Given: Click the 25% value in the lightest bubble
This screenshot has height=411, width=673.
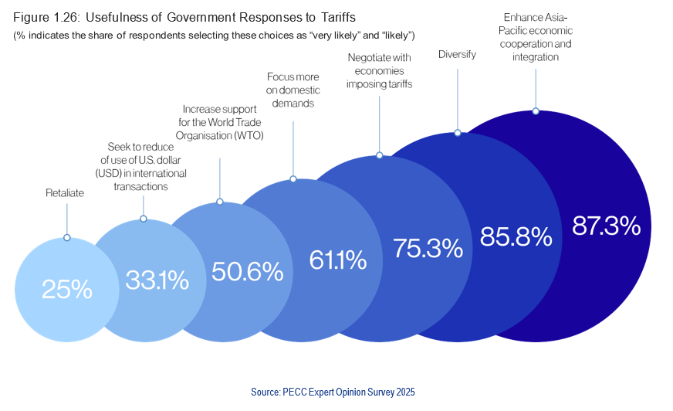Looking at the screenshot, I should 67,290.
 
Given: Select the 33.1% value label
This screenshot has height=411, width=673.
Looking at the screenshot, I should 157,280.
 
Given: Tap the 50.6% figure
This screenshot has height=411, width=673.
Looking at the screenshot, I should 247,271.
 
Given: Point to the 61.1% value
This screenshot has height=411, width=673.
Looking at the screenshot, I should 337,260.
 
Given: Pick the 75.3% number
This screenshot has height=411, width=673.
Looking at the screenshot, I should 428,248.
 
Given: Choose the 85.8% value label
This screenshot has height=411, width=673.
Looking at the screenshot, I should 516,236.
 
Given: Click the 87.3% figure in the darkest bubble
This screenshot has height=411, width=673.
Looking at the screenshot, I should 606,226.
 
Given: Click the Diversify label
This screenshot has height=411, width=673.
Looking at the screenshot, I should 457,54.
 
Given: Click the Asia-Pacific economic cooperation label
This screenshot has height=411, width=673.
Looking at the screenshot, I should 535,36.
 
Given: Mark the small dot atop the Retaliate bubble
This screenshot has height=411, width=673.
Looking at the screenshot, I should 66,237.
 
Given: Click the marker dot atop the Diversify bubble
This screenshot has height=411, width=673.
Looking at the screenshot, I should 457,133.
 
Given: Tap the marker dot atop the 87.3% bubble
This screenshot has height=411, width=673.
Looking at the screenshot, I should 535,111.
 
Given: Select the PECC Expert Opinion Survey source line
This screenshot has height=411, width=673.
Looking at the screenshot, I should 333,392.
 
